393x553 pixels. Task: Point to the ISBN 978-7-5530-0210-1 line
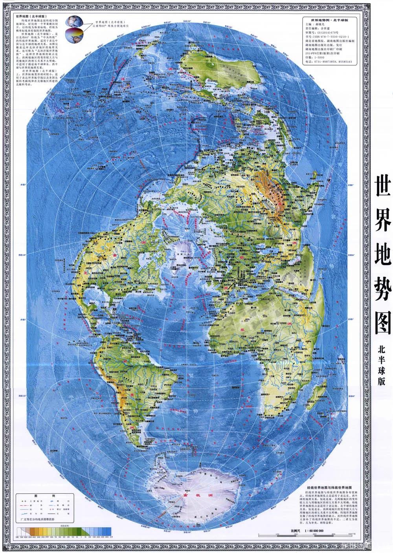pos(330,36)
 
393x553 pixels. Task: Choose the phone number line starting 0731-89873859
pos(331,62)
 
